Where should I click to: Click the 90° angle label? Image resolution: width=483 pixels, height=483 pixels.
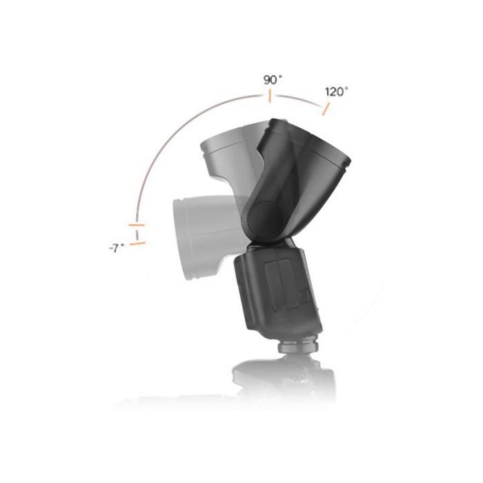tap(273, 80)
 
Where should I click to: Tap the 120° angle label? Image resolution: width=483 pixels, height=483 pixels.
tap(337, 92)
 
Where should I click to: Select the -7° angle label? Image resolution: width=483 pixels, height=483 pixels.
tap(117, 248)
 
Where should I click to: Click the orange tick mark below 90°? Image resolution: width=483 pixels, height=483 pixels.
tap(270, 96)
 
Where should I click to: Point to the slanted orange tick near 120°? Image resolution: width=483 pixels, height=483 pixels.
tap(326, 109)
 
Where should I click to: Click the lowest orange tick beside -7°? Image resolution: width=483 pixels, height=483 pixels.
tap(137, 244)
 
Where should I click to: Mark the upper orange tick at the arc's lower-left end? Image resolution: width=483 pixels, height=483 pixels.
tap(137, 225)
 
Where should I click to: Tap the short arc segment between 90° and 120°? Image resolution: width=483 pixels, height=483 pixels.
tap(299, 100)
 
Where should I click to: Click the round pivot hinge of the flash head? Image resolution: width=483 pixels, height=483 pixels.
tap(265, 217)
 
